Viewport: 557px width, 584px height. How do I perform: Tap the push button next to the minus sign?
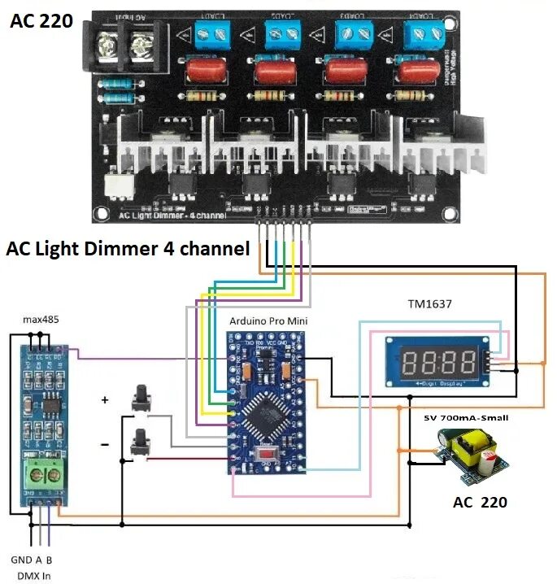[141, 442]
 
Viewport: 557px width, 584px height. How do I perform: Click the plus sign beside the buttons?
[104, 400]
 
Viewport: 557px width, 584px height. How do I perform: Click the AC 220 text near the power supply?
[480, 502]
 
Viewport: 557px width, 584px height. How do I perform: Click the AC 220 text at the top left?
[41, 20]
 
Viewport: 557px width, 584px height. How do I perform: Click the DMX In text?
[32, 576]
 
